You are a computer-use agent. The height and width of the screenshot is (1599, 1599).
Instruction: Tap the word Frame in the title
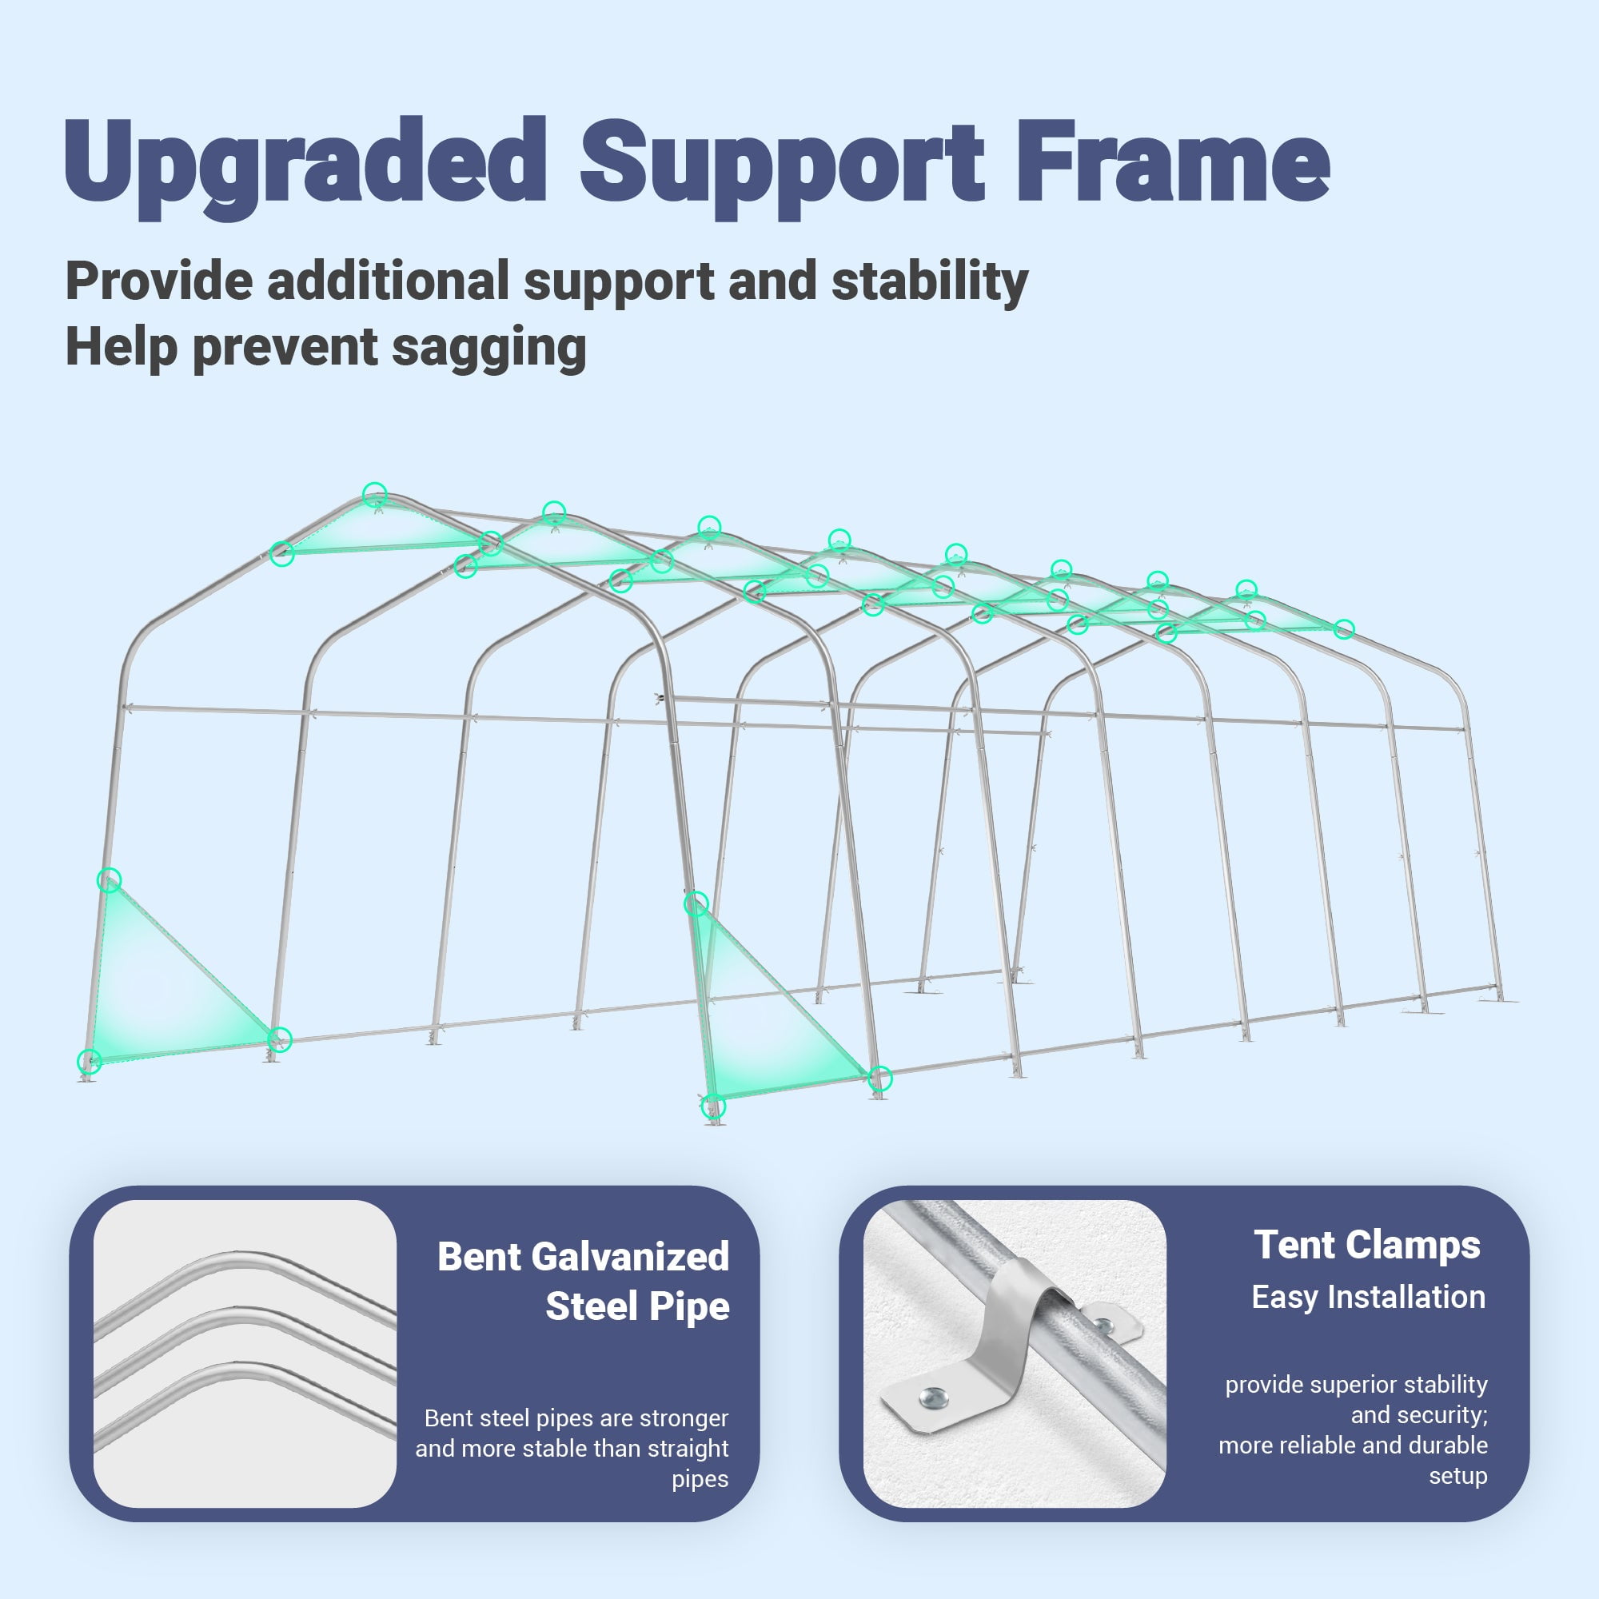pos(1173,161)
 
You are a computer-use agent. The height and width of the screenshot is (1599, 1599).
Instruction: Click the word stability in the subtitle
pos(930,282)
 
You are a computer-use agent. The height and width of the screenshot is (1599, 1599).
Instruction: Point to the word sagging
pos(490,347)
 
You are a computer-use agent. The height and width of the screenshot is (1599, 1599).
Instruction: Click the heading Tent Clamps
pos(1366,1246)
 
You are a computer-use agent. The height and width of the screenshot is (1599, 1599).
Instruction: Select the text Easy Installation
pos(1368,1298)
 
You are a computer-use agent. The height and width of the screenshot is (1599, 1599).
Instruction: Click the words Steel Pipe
pos(637,1307)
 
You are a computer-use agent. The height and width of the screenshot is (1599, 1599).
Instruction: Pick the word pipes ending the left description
pos(700,1480)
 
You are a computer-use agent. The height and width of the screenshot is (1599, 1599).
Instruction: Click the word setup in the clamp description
pos(1457,1476)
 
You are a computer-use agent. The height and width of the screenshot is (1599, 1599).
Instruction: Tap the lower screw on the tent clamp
pos(933,1398)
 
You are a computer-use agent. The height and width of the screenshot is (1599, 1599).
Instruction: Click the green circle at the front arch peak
pos(375,493)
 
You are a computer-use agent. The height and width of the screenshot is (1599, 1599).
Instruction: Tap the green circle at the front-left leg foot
pos(89,1061)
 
